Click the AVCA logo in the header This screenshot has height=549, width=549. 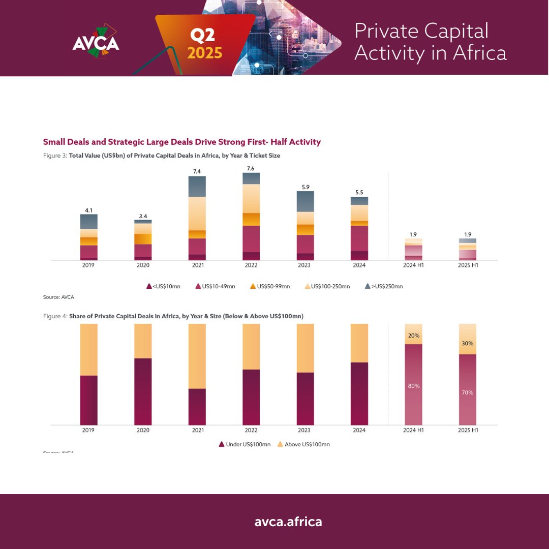[96, 41]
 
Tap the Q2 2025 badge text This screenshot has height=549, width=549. [205, 44]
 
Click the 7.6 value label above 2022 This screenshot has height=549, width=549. [251, 168]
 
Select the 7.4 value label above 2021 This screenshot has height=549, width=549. [197, 172]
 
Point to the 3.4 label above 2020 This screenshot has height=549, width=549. [143, 216]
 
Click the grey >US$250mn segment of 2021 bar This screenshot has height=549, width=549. [197, 187]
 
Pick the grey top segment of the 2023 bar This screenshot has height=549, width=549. [305, 201]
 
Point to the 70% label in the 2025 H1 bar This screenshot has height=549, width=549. [467, 392]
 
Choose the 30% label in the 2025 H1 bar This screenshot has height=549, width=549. [467, 343]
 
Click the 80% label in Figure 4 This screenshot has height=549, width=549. [413, 386]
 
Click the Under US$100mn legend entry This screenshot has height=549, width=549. [245, 444]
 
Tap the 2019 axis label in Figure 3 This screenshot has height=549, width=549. [89, 265]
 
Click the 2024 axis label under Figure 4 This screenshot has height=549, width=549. [359, 430]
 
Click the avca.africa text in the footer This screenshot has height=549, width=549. [288, 522]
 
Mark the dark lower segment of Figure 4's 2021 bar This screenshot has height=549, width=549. [197, 407]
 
